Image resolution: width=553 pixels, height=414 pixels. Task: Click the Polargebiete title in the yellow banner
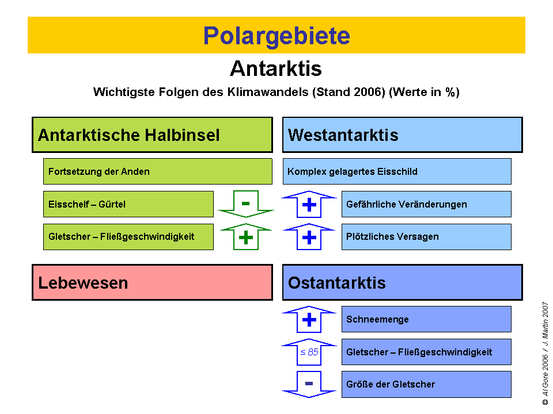pos(276,36)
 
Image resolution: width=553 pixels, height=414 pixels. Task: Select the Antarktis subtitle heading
pos(276,68)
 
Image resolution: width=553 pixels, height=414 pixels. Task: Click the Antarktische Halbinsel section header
pos(152,135)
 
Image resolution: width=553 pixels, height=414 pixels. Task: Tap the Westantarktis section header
pos(402,135)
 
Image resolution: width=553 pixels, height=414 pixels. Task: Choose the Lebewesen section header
pos(152,282)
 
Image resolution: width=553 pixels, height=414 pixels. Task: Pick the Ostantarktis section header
pos(402,282)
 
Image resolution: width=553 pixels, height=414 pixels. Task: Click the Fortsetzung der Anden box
pos(157,171)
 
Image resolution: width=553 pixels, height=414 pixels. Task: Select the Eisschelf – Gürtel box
pos(128,204)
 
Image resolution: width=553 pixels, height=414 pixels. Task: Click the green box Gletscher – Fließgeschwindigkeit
pos(128,236)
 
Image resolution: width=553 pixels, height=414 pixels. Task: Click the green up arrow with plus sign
pos(246,237)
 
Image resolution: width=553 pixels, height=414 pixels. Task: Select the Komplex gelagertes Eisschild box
pos(397,171)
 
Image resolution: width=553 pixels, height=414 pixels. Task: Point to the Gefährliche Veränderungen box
pos(426,204)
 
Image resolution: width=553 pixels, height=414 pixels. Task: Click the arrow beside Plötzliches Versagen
pos(309,236)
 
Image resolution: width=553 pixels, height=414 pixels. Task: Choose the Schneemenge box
pos(426,319)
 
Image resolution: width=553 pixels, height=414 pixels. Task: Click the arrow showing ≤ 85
pos(309,352)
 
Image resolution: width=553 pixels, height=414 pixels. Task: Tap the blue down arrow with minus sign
pos(309,384)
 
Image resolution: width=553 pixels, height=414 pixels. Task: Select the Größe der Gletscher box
pos(426,384)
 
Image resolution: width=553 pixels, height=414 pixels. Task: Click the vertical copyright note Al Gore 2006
pos(545,353)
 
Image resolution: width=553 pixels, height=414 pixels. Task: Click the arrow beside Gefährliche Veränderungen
pos(309,204)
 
